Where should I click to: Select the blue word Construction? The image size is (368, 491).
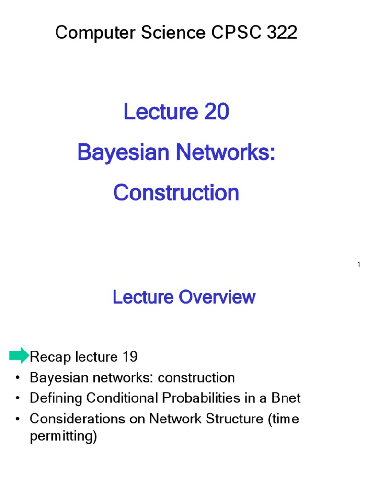(x=176, y=193)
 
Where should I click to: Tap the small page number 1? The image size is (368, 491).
(x=358, y=265)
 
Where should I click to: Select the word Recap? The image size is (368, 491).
(x=49, y=357)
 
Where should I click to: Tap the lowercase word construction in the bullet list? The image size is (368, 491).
(x=196, y=378)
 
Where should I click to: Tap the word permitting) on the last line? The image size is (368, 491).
(x=63, y=437)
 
